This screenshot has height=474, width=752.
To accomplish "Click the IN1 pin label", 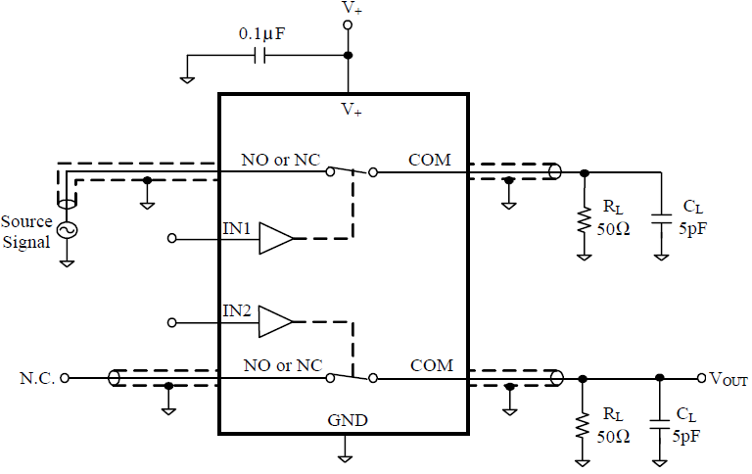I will point(238,229).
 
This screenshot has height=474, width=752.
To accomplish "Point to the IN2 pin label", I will point(238,311).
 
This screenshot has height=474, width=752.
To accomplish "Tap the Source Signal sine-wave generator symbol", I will point(68,229).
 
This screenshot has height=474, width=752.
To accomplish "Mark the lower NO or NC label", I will point(283,365).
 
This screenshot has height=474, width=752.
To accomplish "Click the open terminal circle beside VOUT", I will point(700,378).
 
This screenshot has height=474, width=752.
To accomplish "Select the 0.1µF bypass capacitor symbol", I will point(260,56).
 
